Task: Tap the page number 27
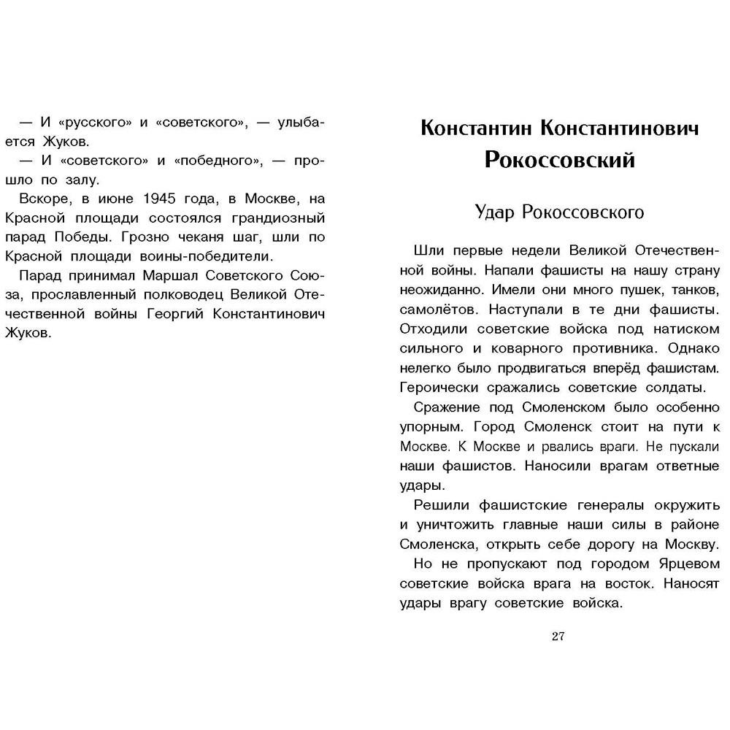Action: point(558,636)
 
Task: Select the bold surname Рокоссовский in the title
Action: point(560,160)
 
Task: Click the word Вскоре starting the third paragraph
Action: point(43,199)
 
